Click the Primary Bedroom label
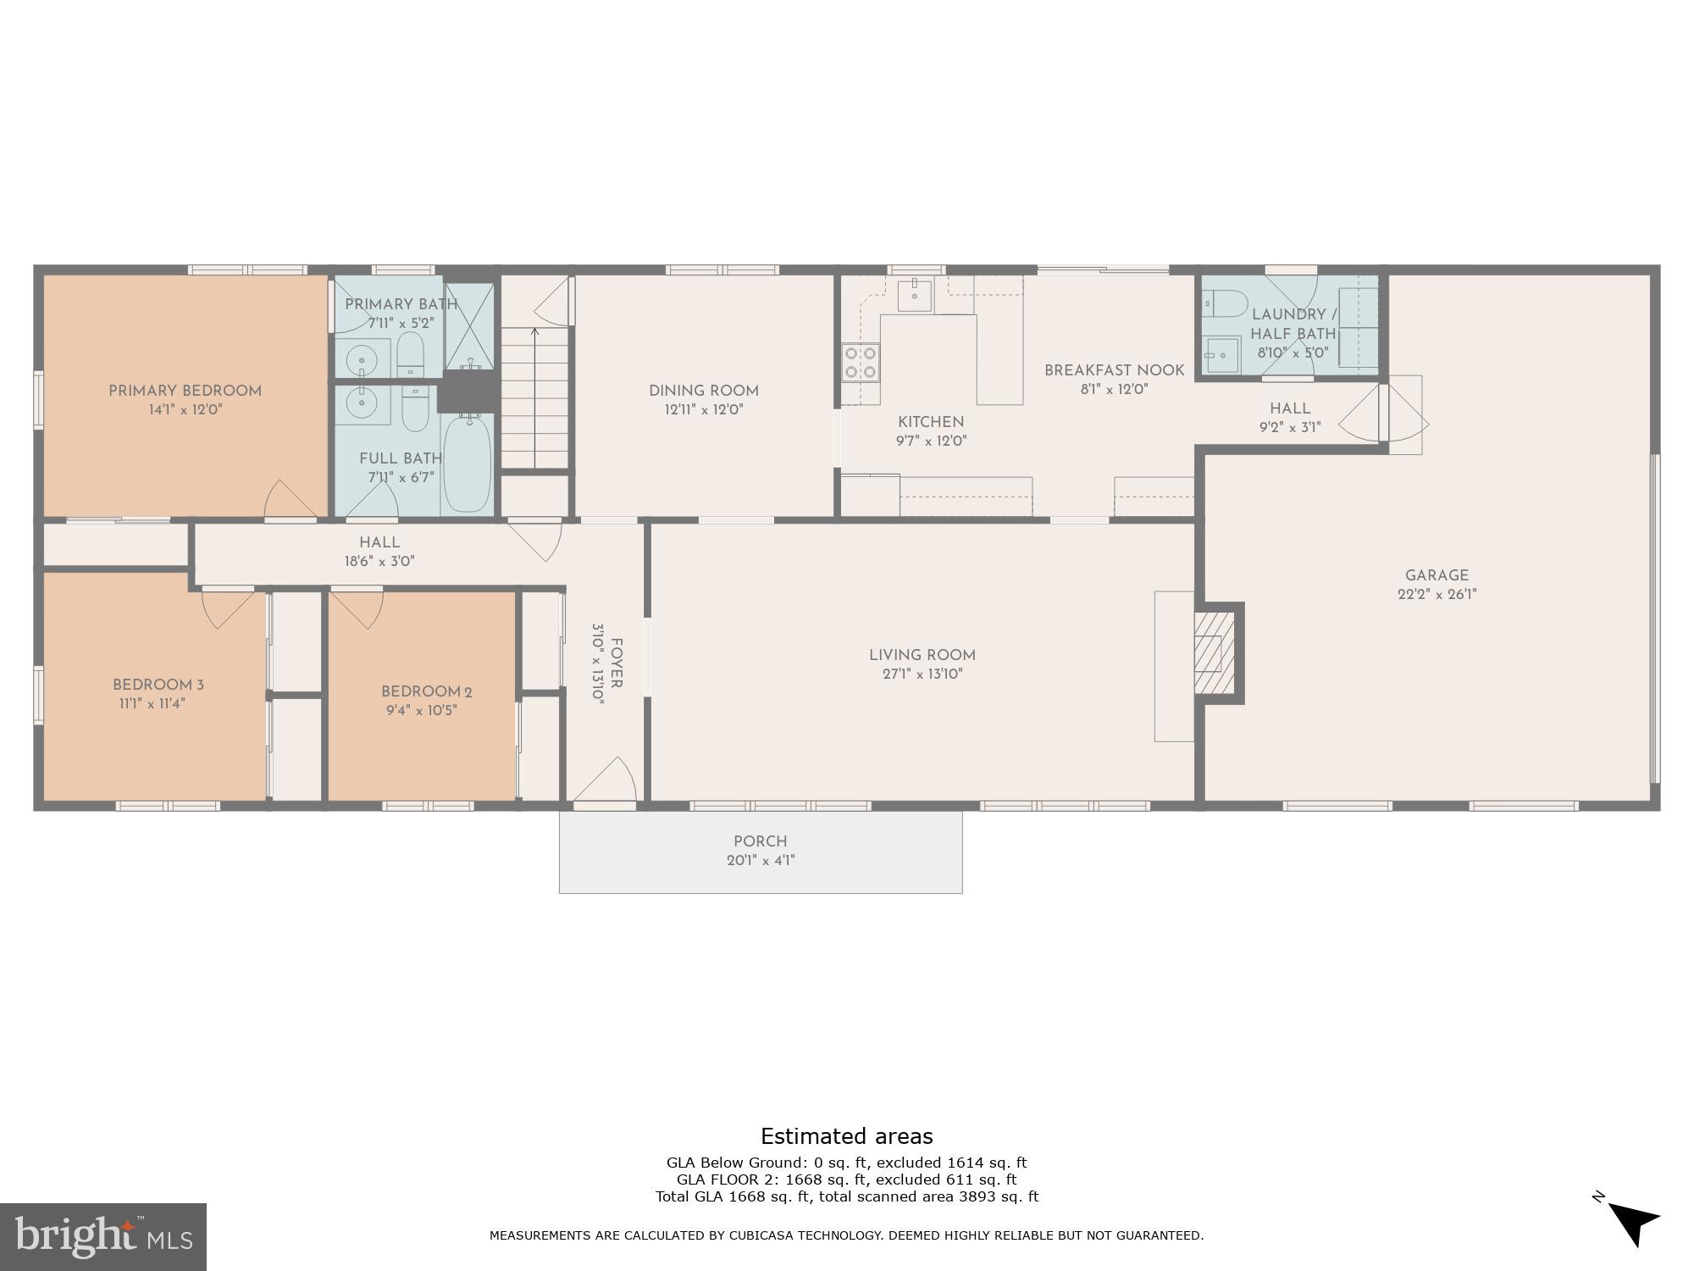click(x=185, y=391)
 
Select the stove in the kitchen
click(x=860, y=363)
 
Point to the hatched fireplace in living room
click(x=1214, y=652)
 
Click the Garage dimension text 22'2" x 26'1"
click(x=1437, y=595)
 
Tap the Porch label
click(x=760, y=841)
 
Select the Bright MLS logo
click(x=102, y=1237)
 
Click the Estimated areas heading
click(x=846, y=1136)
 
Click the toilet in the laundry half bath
click(x=1225, y=303)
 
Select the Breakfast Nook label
click(x=1114, y=370)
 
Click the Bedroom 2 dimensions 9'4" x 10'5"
click(x=421, y=711)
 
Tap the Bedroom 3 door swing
click(x=227, y=608)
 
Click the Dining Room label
click(x=703, y=391)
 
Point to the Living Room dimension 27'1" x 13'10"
click(x=922, y=674)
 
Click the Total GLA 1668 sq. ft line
click(x=846, y=1196)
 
